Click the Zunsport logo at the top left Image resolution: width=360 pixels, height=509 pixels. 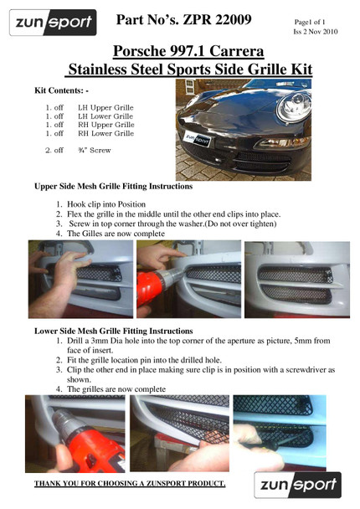pyautogui.click(x=51, y=23)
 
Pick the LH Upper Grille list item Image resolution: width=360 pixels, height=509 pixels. pyautogui.click(x=105, y=108)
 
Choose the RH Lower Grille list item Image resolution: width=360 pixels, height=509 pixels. pyautogui.click(x=105, y=133)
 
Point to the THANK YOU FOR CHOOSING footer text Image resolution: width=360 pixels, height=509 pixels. pyautogui.click(x=130, y=484)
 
